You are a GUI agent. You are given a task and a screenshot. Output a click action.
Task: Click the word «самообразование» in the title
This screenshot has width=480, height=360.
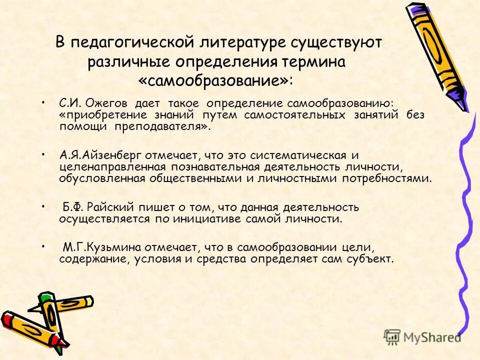tap(215, 80)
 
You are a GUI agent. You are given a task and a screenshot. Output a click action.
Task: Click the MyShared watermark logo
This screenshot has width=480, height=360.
tap(422, 336)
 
